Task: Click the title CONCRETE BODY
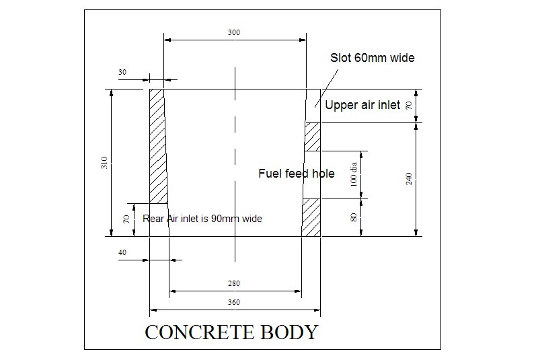(x=231, y=332)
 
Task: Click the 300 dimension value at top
(x=234, y=32)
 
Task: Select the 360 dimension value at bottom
(x=234, y=303)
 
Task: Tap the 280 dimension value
(x=234, y=284)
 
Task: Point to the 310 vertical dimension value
(x=104, y=162)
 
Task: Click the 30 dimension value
(x=122, y=71)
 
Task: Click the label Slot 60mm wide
(x=372, y=58)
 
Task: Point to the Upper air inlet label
(x=362, y=105)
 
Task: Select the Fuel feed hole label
(x=296, y=174)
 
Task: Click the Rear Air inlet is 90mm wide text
(x=202, y=219)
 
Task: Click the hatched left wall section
(x=158, y=145)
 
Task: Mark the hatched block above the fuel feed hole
(x=313, y=137)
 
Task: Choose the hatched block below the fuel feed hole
(x=311, y=217)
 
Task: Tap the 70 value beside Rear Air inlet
(x=125, y=219)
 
